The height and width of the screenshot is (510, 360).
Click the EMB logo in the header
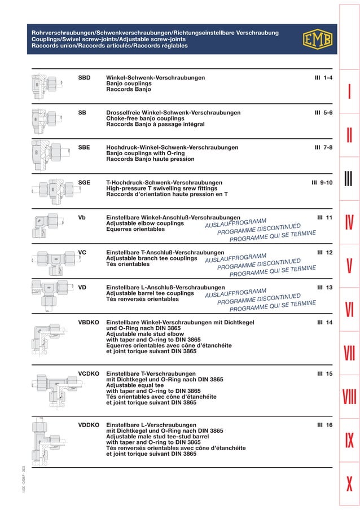click(x=318, y=39)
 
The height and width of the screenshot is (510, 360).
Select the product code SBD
click(x=84, y=77)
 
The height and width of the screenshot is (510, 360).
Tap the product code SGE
click(x=84, y=183)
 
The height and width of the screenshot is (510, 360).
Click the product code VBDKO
click(x=89, y=322)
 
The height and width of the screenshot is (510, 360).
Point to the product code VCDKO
click(x=89, y=374)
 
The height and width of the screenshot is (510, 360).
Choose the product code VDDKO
click(x=89, y=424)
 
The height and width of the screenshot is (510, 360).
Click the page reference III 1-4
click(x=323, y=77)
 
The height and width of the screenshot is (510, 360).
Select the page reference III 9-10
click(x=322, y=183)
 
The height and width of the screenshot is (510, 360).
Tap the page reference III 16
click(x=324, y=424)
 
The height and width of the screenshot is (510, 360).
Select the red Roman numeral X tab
click(x=349, y=483)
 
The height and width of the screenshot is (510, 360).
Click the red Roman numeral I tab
click(x=349, y=92)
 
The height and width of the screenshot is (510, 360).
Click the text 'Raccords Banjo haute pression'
click(x=150, y=159)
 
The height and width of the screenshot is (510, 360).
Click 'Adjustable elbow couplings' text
click(x=145, y=223)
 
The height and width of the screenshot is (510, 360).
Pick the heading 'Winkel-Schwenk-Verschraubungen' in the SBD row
click(x=155, y=77)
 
